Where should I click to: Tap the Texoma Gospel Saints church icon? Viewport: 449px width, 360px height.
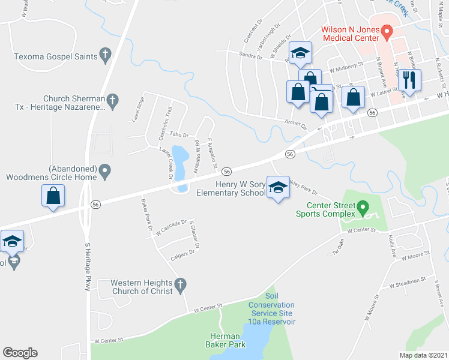click(105, 56)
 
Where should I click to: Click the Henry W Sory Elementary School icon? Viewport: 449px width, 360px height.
click(277, 188)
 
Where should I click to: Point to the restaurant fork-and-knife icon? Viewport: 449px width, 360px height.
click(410, 79)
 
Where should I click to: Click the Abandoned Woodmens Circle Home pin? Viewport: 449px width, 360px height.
click(105, 172)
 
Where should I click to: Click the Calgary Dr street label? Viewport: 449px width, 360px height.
click(182, 254)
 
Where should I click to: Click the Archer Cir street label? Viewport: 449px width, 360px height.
click(296, 125)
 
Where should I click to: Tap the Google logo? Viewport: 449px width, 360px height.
click(20, 353)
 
